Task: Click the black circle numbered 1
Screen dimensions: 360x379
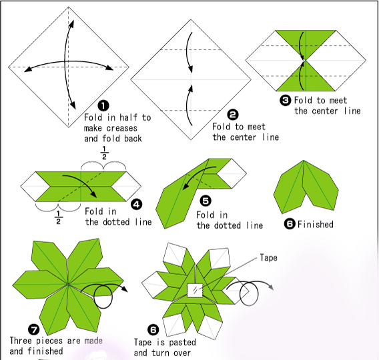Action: pos(103,105)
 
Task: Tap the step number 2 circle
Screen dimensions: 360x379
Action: pos(232,114)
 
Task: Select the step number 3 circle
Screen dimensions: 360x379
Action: pos(285,100)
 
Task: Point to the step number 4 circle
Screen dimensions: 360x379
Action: pos(137,205)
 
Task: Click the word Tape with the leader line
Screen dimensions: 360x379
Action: pos(269,257)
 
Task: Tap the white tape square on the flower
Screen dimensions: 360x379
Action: pos(194,291)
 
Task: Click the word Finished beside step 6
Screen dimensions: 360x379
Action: pos(315,224)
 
